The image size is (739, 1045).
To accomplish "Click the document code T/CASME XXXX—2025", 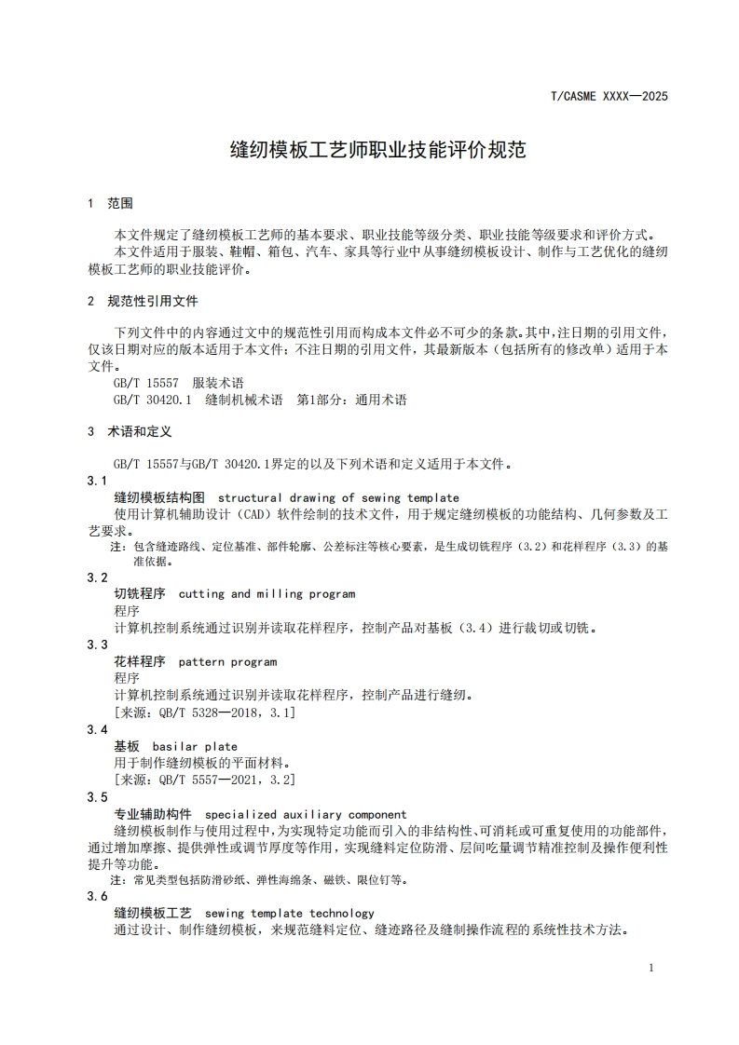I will point(609,96).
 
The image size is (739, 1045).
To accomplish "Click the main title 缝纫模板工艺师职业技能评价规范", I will point(378,149).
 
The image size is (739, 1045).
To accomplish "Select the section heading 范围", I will point(120,203).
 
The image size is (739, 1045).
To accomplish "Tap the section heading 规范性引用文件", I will point(153,301).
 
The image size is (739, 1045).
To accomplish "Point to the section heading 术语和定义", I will point(140,432).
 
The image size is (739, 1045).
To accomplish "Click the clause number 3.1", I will point(97,481).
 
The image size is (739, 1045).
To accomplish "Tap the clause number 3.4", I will point(97,729).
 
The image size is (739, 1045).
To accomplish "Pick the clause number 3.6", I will point(97,896).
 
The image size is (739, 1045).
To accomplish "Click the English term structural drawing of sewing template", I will point(338,497).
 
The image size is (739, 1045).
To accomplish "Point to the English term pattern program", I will point(227,662).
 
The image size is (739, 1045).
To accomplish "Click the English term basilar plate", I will point(195,746).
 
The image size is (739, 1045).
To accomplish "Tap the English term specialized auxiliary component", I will point(306,814).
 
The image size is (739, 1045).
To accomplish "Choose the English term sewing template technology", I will point(289,913).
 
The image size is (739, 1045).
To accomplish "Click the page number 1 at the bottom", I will point(650,968).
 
